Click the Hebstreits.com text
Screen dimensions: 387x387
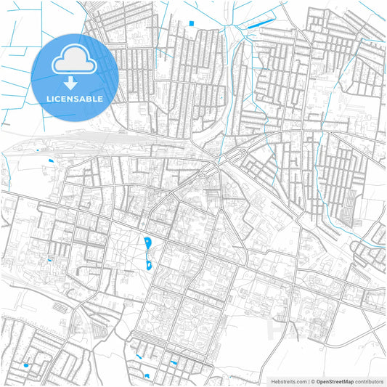pos(289,380)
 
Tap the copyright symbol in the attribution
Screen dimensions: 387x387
pos(312,380)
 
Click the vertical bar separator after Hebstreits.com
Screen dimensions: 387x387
pos(308,380)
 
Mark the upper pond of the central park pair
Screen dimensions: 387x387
pos(147,243)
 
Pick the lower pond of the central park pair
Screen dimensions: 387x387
pos(150,264)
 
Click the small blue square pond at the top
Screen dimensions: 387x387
pos(192,24)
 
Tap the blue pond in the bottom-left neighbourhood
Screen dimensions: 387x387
pos(26,365)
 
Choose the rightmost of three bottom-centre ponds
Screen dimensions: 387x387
pos(174,362)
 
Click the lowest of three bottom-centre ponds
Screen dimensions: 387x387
pos(146,375)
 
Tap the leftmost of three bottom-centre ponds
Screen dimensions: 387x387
pos(138,356)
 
